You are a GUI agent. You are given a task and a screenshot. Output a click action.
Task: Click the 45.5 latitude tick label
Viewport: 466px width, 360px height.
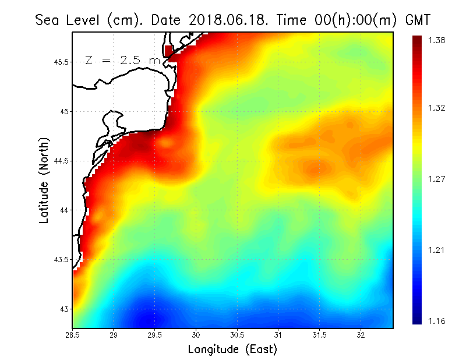point(60,62)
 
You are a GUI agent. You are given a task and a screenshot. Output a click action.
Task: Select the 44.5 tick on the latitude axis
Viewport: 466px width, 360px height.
point(60,161)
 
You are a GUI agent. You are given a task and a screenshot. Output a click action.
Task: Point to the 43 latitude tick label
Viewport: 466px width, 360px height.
point(65,309)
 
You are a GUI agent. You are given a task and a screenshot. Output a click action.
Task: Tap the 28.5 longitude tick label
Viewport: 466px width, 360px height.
point(73,335)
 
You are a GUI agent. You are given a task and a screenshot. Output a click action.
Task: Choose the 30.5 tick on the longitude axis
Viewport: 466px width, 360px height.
point(238,335)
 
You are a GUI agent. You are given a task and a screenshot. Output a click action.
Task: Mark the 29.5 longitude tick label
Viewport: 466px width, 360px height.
point(155,335)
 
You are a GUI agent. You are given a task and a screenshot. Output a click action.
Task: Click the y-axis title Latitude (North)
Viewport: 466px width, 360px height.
point(44,180)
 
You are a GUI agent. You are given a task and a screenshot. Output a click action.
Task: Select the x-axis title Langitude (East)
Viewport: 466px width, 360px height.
point(232,350)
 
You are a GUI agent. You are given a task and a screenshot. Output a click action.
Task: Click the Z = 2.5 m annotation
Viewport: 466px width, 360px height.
point(122,60)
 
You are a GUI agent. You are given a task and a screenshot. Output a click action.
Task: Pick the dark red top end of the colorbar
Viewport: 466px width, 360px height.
point(417,38)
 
